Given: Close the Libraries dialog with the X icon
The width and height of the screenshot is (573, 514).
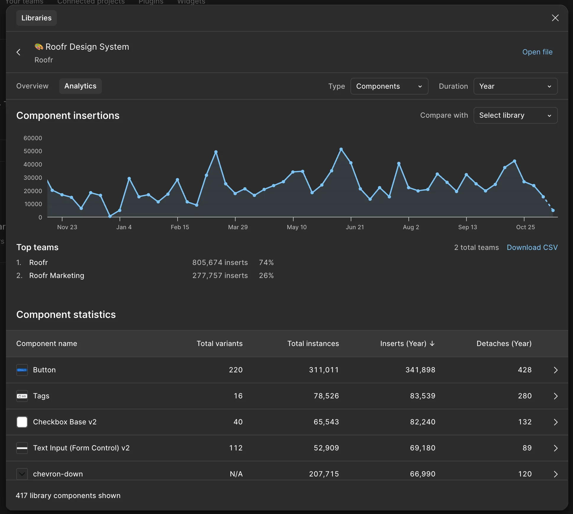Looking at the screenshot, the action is pyautogui.click(x=555, y=18).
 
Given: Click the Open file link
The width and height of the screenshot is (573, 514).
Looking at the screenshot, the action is pyautogui.click(x=537, y=52).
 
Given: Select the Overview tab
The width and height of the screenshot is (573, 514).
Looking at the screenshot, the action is pyautogui.click(x=32, y=86).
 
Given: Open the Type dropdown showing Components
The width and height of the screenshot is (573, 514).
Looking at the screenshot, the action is pyautogui.click(x=389, y=86).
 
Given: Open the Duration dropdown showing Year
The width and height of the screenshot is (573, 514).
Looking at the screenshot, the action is pyautogui.click(x=516, y=86).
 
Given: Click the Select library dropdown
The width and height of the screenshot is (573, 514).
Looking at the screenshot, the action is pyautogui.click(x=516, y=115).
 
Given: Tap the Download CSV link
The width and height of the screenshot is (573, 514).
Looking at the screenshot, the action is pyautogui.click(x=532, y=248).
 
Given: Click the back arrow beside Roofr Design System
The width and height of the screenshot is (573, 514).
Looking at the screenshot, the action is pyautogui.click(x=18, y=52).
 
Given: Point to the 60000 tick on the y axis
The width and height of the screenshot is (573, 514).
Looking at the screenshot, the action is pyautogui.click(x=33, y=138).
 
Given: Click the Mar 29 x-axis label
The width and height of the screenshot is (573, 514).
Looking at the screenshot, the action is pyautogui.click(x=238, y=227).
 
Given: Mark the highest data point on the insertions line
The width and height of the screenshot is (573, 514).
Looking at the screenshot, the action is pyautogui.click(x=341, y=149).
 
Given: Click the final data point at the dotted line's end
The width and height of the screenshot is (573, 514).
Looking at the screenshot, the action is pyautogui.click(x=553, y=211).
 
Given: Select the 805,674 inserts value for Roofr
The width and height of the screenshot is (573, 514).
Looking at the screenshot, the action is pyautogui.click(x=220, y=263).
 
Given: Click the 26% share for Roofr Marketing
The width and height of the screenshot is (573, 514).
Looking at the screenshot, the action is pyautogui.click(x=266, y=276).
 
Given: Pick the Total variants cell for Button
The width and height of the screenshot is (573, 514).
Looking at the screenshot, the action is pyautogui.click(x=236, y=370).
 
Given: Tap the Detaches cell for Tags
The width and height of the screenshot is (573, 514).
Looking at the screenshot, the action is pyautogui.click(x=525, y=396).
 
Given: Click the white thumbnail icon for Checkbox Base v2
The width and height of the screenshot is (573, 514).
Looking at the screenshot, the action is pyautogui.click(x=22, y=422).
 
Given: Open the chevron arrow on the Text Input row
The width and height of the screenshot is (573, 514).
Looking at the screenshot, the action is pyautogui.click(x=556, y=448).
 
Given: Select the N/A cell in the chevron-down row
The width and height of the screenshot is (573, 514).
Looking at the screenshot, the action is pyautogui.click(x=236, y=474).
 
